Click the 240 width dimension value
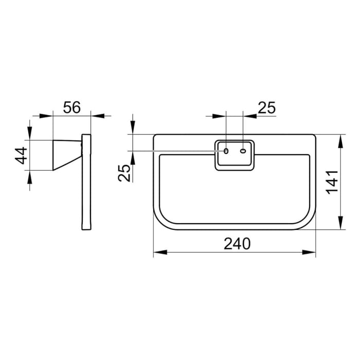click(x=237, y=243)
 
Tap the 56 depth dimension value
click(x=72, y=107)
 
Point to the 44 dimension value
click(x=21, y=155)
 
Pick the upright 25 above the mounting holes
click(x=266, y=107)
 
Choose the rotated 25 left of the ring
click(x=124, y=173)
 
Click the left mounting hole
click(x=226, y=151)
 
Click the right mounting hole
click(x=243, y=151)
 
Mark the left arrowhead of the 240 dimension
click(x=158, y=252)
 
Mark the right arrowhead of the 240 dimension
click(x=312, y=252)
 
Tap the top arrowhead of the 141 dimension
click(x=340, y=138)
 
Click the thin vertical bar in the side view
click(x=86, y=183)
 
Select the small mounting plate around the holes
click(x=234, y=154)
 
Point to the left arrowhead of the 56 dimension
click(x=48, y=115)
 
